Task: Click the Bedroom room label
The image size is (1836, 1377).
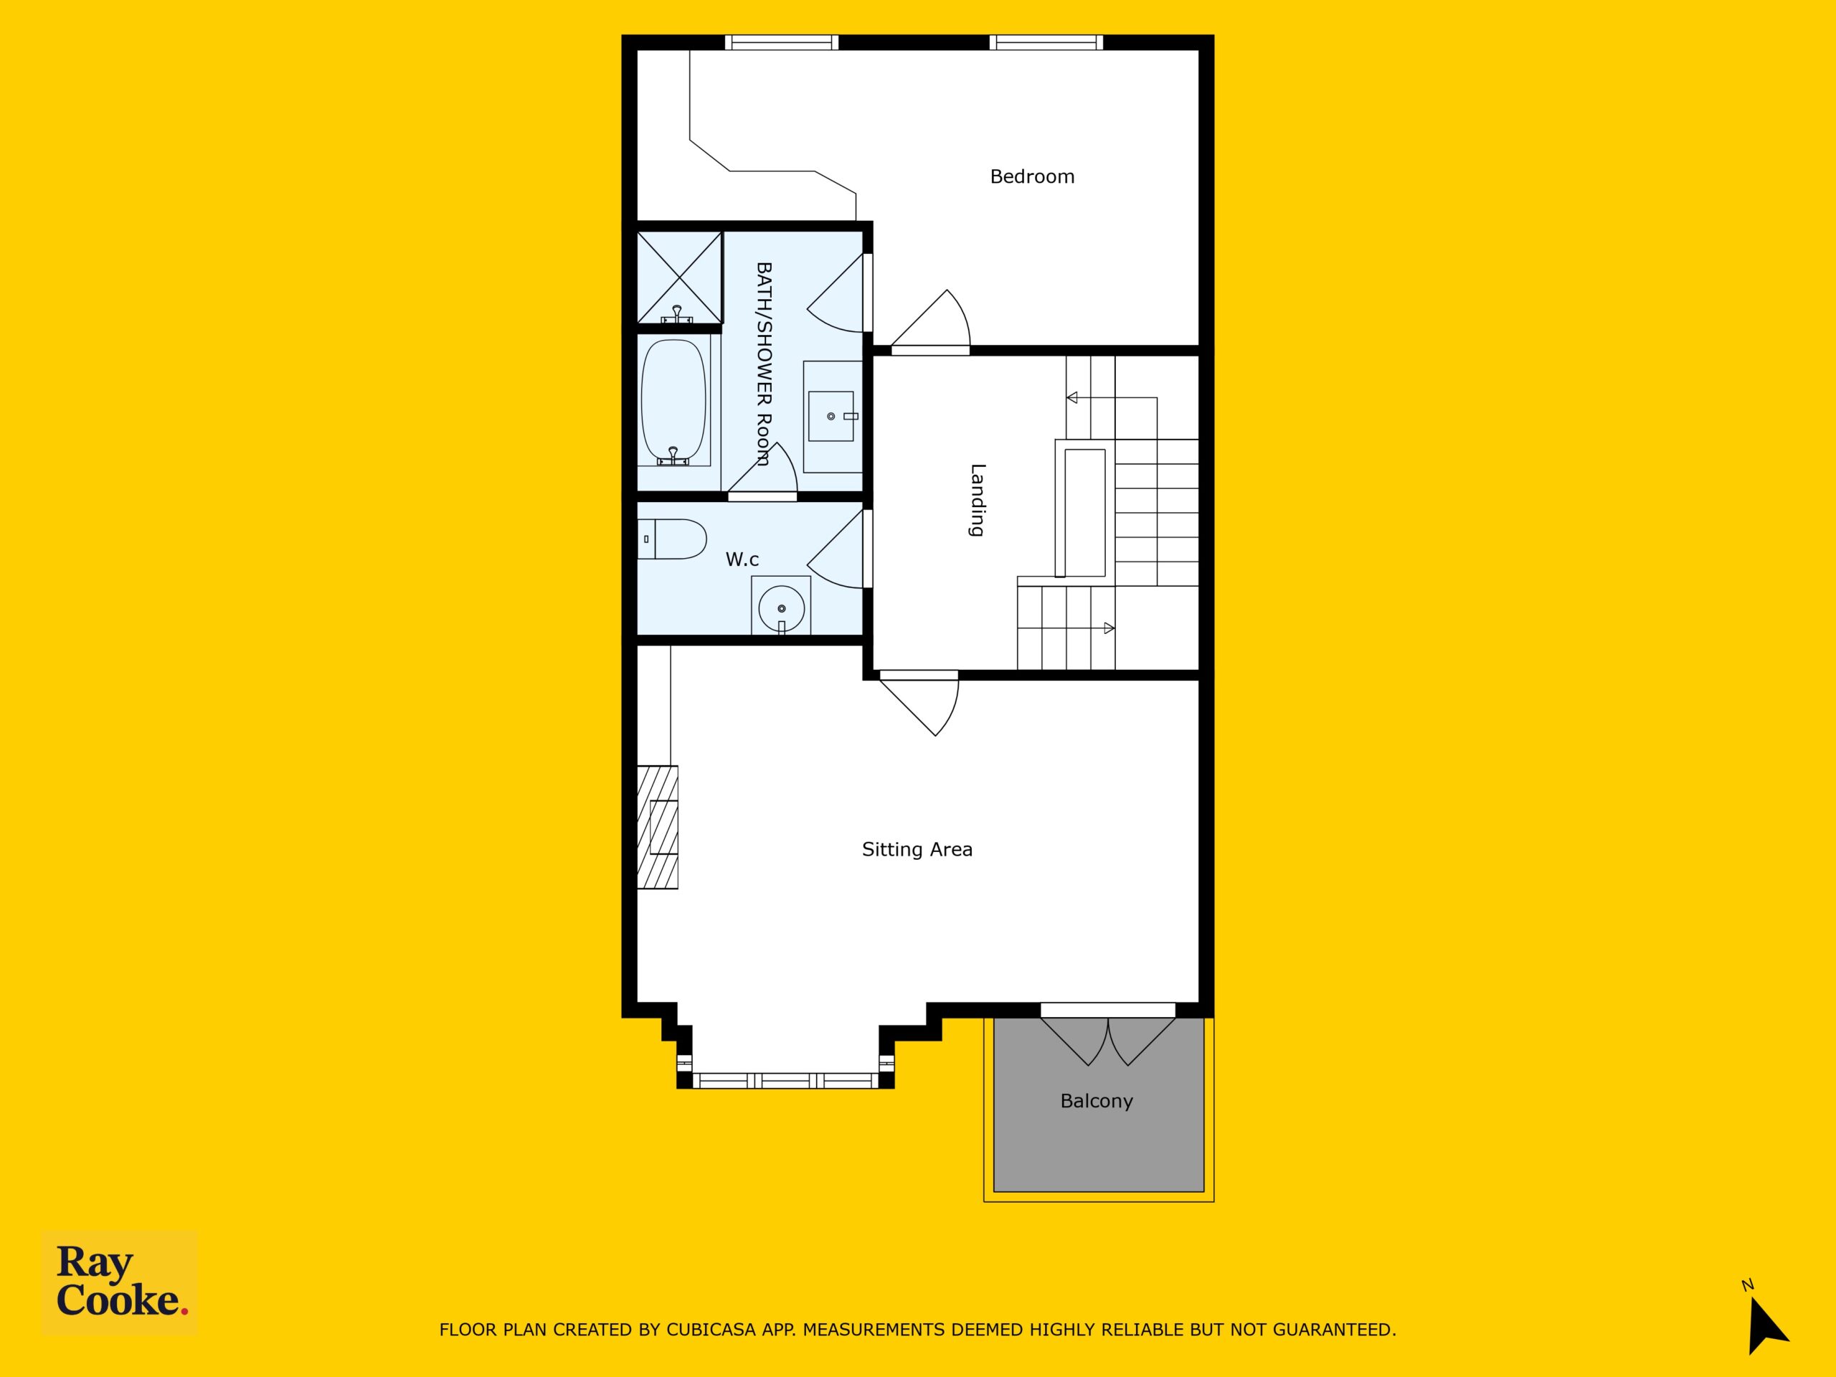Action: (x=1032, y=176)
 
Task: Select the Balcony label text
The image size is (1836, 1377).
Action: (x=1097, y=1102)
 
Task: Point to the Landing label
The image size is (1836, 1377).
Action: (x=978, y=501)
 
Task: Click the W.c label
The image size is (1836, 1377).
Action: (x=742, y=559)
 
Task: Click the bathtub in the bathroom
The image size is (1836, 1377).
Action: (x=674, y=402)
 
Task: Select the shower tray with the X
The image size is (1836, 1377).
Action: (x=679, y=278)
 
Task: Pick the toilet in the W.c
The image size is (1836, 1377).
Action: (x=671, y=539)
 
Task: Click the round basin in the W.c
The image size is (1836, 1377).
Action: (x=781, y=605)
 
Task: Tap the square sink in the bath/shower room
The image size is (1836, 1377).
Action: (x=831, y=416)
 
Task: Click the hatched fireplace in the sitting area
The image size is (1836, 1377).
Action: (x=658, y=827)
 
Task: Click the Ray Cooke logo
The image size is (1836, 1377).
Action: (x=120, y=1282)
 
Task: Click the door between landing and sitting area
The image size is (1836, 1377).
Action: (x=920, y=702)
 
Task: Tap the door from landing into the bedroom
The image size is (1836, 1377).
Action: (x=930, y=322)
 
